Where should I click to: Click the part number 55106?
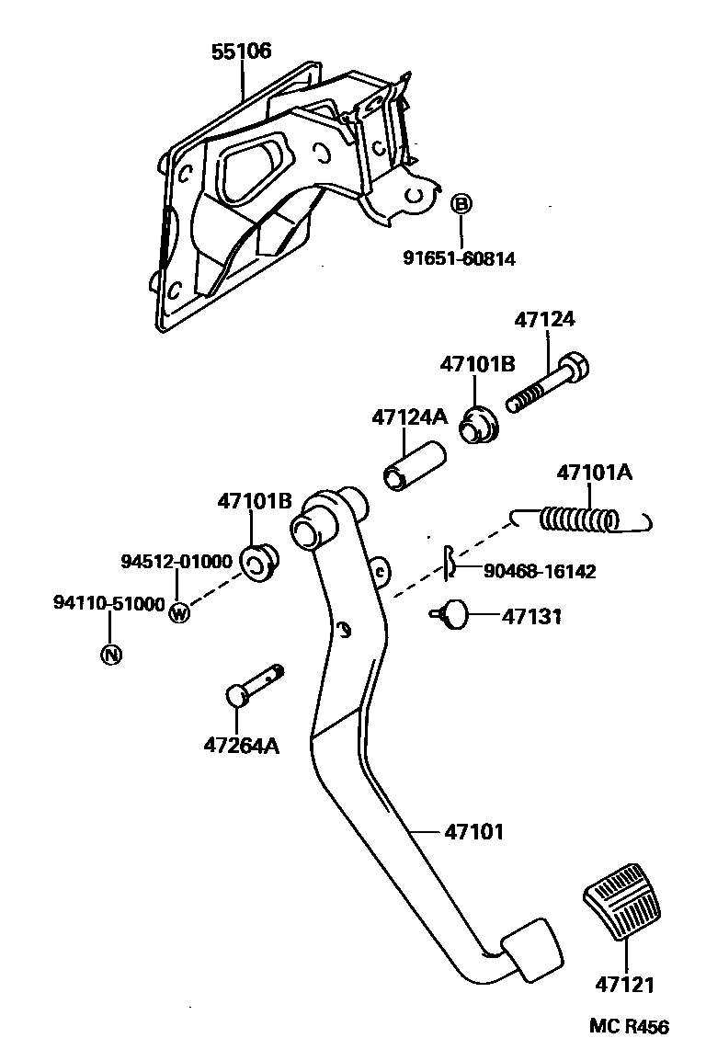click(241, 51)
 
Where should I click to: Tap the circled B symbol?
click(461, 203)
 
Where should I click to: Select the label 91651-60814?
click(459, 259)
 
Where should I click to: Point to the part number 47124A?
click(409, 416)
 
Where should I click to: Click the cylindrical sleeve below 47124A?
click(414, 466)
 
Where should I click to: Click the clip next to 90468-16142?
click(448, 563)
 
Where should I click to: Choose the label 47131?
click(531, 616)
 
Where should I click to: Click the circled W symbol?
click(179, 612)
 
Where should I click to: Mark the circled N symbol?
click(110, 655)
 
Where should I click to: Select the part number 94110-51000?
click(108, 603)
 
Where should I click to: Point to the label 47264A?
click(242, 744)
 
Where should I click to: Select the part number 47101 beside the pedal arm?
click(474, 832)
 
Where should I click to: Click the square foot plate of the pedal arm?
click(531, 947)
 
